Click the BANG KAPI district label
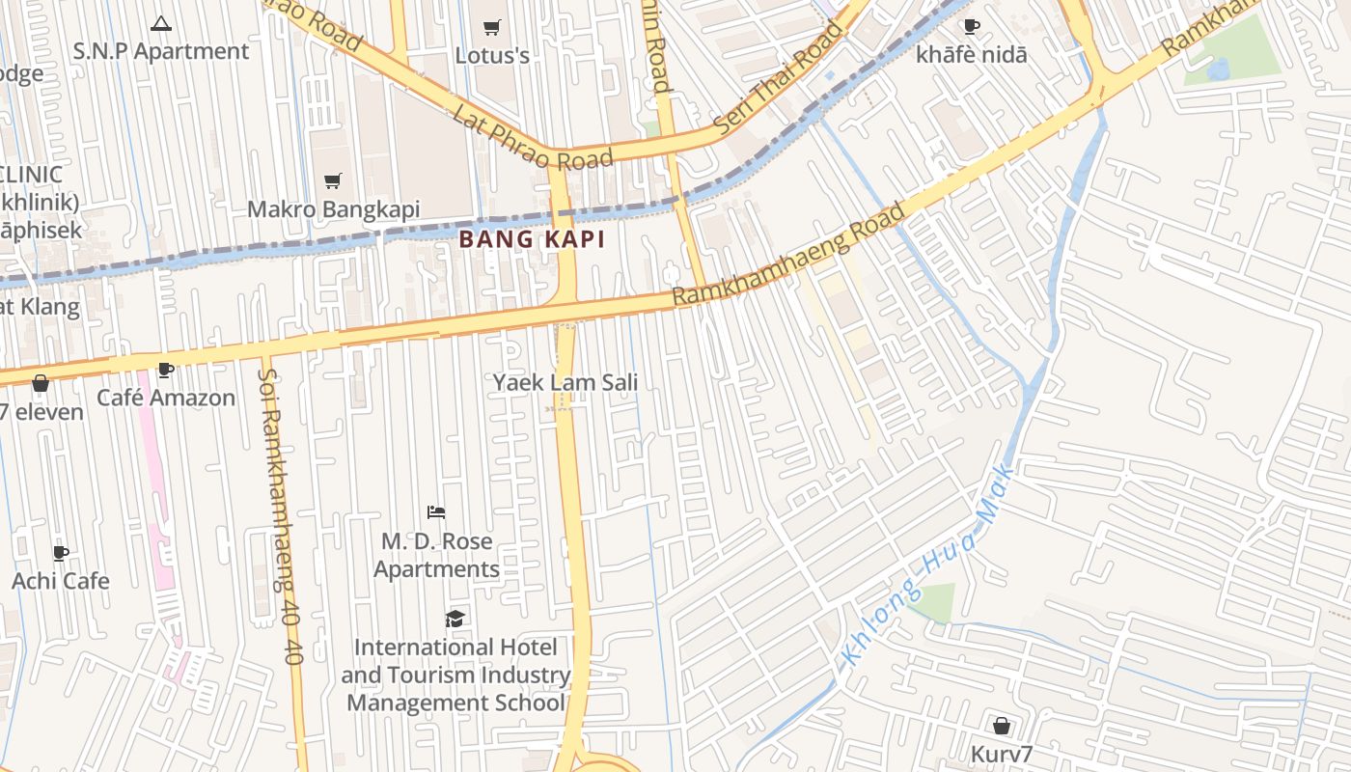tap(532, 239)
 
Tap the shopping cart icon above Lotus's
tap(492, 27)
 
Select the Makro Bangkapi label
tap(333, 209)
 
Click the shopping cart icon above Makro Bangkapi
tap(333, 180)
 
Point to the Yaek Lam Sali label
tap(565, 382)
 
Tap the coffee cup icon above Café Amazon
tap(165, 370)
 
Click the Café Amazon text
tap(166, 398)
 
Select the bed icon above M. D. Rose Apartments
tap(436, 511)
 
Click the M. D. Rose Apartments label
tap(436, 555)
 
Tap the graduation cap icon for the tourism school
tap(455, 619)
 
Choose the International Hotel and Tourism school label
tap(455, 675)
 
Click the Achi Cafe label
tap(60, 581)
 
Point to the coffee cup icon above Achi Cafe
tap(61, 553)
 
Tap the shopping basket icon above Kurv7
tap(1002, 725)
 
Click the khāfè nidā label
tap(972, 55)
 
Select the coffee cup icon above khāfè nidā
tap(972, 27)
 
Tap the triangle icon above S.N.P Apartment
tap(161, 23)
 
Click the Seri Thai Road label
tap(777, 77)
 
